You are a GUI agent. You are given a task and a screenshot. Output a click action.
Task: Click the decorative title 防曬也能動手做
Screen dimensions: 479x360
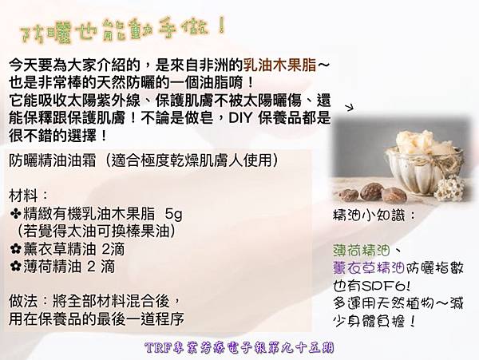[x=122, y=30]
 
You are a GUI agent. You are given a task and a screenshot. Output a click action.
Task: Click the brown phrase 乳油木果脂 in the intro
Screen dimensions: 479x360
[x=280, y=65]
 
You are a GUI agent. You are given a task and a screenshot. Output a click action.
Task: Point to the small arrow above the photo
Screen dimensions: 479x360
[x=349, y=107]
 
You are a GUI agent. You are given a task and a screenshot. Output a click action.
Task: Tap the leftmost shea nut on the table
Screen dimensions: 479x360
[x=349, y=196]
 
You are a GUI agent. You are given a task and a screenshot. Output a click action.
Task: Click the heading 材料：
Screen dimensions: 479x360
[x=28, y=196]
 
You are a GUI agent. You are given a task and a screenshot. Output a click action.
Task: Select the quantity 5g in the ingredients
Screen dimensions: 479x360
[x=173, y=215]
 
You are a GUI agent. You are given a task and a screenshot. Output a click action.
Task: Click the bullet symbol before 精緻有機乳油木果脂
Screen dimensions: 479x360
[x=16, y=215]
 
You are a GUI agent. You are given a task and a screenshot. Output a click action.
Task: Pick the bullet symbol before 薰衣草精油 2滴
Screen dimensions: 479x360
[x=16, y=250]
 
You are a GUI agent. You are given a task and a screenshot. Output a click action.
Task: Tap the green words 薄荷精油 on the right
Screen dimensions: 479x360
[x=362, y=251]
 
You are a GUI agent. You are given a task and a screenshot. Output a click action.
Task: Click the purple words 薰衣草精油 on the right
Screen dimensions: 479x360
[x=369, y=268]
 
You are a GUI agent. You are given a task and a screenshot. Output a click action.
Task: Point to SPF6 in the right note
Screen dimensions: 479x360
[x=383, y=286]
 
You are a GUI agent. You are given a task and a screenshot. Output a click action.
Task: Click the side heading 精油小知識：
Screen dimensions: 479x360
[x=374, y=216]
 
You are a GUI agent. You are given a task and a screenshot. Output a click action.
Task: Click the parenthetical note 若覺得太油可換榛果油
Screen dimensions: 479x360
[x=97, y=232]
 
